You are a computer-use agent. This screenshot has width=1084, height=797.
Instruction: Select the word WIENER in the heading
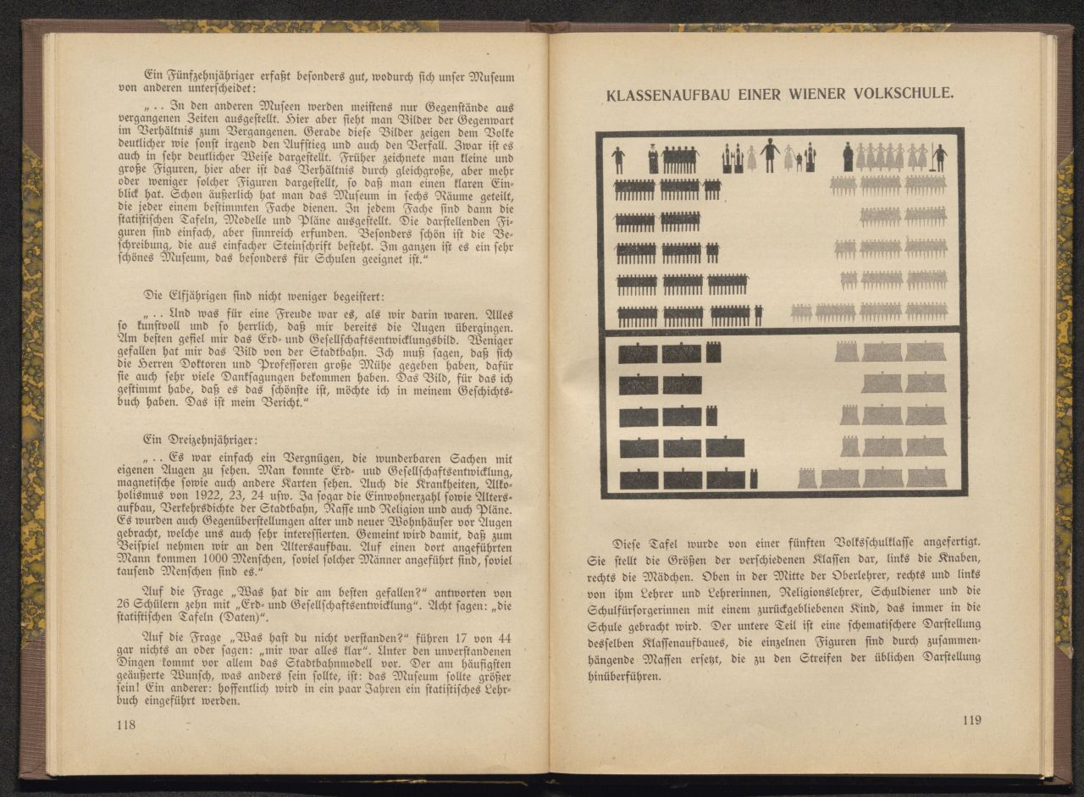click(x=807, y=93)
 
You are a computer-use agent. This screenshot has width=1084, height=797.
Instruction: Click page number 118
click(x=126, y=724)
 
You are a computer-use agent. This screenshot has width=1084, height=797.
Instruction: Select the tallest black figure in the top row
click(x=770, y=156)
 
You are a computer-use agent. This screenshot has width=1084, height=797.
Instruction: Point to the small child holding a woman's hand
click(x=799, y=163)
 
